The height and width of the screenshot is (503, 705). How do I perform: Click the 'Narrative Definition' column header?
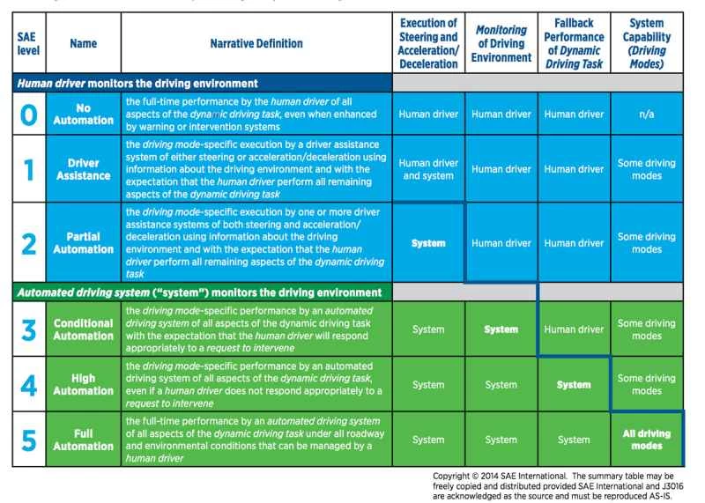(x=256, y=43)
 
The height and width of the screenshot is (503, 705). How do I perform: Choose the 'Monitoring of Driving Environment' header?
(x=501, y=43)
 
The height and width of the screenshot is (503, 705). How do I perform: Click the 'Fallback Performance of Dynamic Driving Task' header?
(x=574, y=43)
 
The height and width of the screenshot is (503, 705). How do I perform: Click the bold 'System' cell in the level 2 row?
(x=428, y=243)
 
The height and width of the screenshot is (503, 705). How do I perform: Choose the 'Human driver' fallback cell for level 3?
(x=574, y=329)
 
